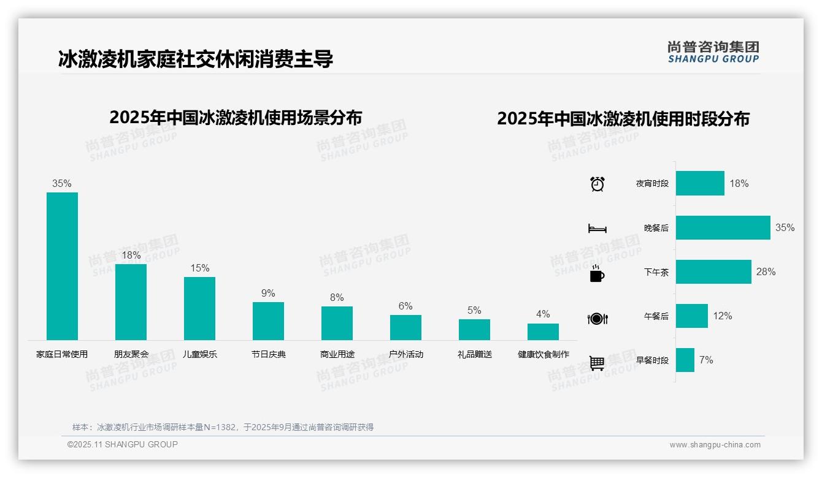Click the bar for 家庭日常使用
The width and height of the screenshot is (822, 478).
coord(62,266)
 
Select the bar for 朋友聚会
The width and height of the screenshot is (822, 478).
coord(131,302)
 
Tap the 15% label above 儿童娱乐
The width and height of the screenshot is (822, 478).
coord(199,268)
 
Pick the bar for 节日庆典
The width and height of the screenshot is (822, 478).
coord(268,321)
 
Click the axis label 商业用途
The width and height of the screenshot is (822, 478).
coord(337,354)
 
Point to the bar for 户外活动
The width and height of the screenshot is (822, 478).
coord(405,327)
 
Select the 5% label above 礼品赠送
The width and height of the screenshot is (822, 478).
coord(474,310)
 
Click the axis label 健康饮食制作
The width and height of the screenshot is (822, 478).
coord(543,354)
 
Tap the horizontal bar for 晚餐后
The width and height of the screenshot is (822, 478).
coord(723,227)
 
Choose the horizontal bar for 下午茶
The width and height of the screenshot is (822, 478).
coord(713,271)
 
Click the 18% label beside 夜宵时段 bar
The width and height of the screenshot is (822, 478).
coord(739,183)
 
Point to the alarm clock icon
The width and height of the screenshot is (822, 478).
coord(597,184)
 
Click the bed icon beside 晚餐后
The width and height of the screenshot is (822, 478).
coord(597,229)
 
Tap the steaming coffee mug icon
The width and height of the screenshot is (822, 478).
coord(597,273)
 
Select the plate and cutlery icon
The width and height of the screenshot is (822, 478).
coord(597,318)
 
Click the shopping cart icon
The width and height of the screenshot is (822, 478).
coord(597,363)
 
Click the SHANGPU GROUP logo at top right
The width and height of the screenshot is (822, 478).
coord(713,51)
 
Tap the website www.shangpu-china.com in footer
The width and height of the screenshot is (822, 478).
coord(715,445)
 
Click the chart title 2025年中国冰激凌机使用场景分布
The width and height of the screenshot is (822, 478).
coord(236,118)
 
